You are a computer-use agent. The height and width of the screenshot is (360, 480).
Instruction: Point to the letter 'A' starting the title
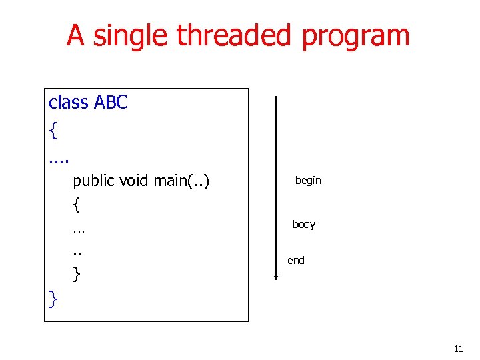(75, 36)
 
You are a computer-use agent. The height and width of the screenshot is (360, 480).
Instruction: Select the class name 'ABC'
(111, 103)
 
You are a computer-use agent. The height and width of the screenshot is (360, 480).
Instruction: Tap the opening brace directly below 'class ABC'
(53, 131)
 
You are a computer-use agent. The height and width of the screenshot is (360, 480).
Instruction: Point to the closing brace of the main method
(77, 273)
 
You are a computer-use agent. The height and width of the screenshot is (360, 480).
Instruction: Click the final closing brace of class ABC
(53, 300)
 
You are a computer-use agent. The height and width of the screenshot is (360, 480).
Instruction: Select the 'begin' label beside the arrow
(308, 181)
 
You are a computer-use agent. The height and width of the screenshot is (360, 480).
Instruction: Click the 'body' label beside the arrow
(303, 225)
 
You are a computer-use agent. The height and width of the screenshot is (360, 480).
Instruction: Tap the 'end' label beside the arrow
(295, 261)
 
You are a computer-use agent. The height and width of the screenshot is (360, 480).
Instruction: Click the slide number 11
(458, 349)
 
